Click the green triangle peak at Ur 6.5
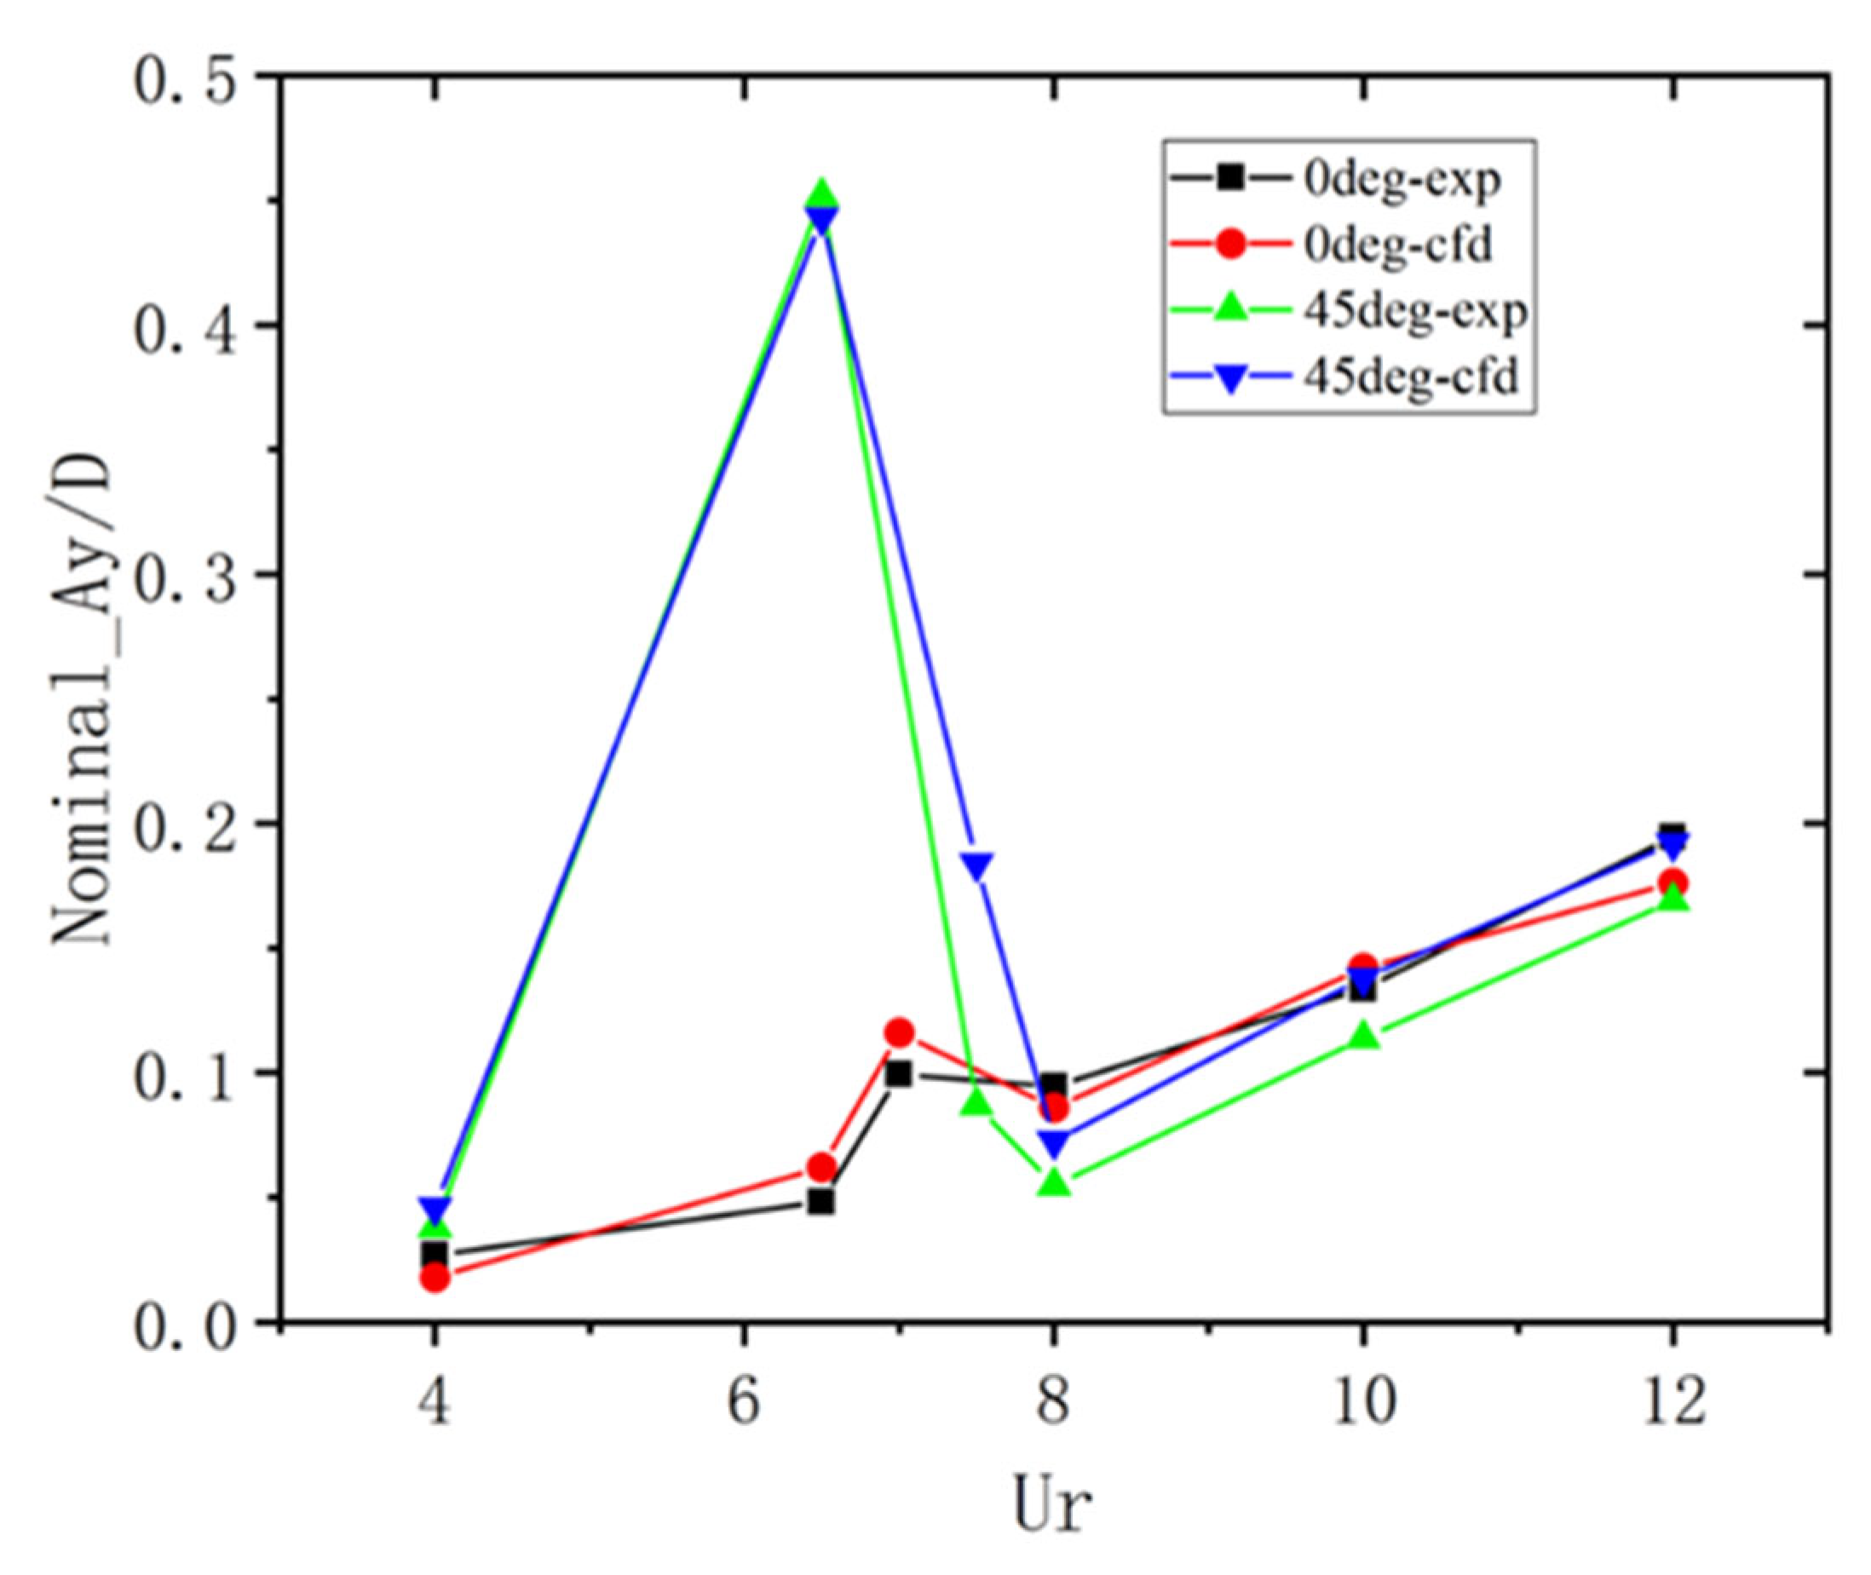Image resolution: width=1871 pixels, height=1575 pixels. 821,193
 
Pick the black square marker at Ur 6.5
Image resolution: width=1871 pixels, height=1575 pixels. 821,1203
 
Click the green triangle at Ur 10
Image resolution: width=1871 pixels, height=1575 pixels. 1363,1037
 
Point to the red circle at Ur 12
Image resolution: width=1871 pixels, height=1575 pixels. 1672,882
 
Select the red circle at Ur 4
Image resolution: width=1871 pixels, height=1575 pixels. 435,1278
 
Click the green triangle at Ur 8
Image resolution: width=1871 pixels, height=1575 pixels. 1054,1183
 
